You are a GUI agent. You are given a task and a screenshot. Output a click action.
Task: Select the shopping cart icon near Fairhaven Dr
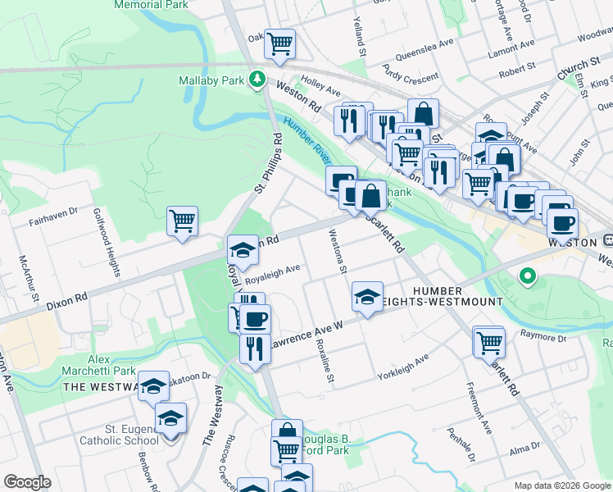[x=182, y=220]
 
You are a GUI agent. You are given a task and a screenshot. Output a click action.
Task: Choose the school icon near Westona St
[x=367, y=296]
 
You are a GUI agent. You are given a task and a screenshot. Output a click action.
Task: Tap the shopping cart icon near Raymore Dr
[x=490, y=340]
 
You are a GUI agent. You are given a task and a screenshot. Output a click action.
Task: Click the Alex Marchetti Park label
[x=111, y=366]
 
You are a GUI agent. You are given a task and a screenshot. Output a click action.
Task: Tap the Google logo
[x=27, y=482]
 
